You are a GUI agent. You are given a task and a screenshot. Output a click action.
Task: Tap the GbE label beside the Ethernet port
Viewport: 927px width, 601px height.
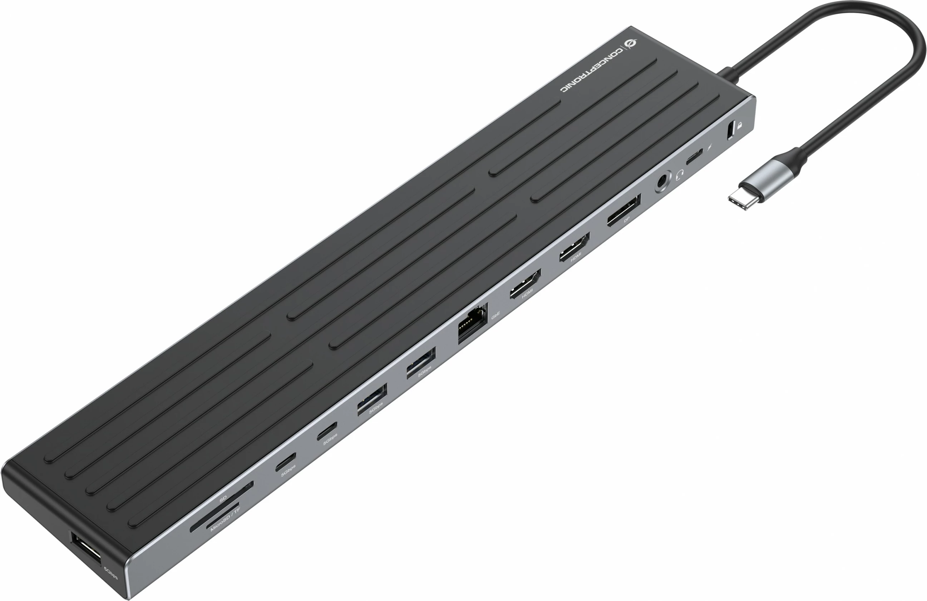495,315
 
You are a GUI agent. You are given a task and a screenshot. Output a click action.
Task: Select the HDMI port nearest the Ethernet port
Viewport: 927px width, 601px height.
526,284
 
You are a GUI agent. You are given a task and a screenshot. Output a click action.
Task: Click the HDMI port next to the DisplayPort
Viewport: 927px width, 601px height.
575,247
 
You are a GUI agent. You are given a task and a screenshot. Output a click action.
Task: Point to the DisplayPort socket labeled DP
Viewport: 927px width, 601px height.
623,210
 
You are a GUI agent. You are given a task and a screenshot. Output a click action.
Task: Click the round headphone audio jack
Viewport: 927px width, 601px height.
662,181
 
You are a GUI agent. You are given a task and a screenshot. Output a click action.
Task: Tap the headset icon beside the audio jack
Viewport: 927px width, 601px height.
680,174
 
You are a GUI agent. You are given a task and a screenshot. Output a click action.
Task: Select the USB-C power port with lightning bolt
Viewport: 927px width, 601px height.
695,157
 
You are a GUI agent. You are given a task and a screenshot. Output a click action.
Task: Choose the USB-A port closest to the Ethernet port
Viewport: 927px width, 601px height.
421,363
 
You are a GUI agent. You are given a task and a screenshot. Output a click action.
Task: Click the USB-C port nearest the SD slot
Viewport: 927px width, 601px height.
286,462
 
